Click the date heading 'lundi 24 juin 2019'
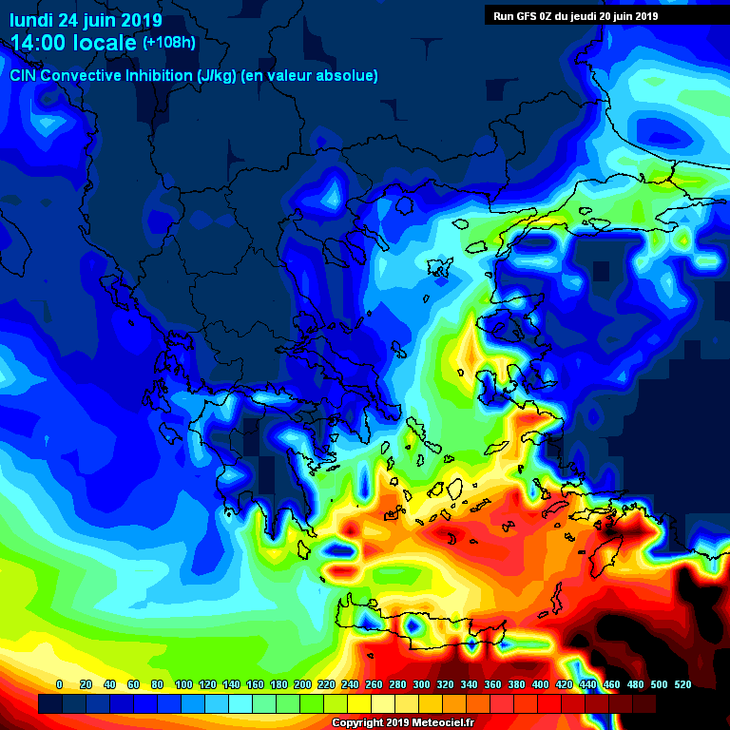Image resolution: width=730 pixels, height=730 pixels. pyautogui.click(x=86, y=20)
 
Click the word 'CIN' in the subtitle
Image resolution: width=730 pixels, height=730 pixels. pyautogui.click(x=23, y=75)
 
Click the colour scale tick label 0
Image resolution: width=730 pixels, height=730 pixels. pyautogui.click(x=60, y=684)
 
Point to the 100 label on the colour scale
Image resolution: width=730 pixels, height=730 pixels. pyautogui.click(x=183, y=684)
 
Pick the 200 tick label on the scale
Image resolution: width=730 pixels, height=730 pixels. pyautogui.click(x=302, y=684)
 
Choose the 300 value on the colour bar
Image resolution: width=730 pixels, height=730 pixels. pyautogui.click(x=421, y=684)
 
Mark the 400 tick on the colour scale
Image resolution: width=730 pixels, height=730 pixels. pyautogui.click(x=540, y=684)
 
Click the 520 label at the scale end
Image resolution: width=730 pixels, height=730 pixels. pyautogui.click(x=682, y=684)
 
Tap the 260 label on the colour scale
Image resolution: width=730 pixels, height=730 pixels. pyautogui.click(x=374, y=684)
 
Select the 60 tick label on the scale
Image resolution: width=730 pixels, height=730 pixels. pyautogui.click(x=133, y=684)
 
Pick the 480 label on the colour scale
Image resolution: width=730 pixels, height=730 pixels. pyautogui.click(x=635, y=684)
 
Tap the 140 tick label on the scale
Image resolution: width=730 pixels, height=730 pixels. pyautogui.click(x=231, y=684)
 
